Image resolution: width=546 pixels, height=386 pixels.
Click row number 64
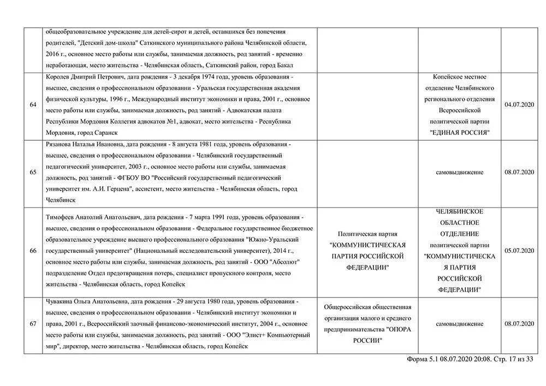click(x=33, y=105)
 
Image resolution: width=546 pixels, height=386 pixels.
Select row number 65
click(x=33, y=173)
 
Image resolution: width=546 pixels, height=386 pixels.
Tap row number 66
click(x=33, y=251)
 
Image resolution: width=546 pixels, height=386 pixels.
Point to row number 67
click(x=33, y=324)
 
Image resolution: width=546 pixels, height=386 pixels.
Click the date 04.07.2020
click(x=519, y=105)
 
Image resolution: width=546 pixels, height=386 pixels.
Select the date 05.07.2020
click(x=519, y=251)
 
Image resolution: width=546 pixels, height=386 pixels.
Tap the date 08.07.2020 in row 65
click(x=519, y=173)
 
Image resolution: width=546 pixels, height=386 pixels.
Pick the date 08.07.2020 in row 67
click(x=519, y=324)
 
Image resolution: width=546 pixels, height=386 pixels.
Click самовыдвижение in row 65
click(x=459, y=173)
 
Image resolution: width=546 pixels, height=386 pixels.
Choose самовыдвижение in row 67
click(x=459, y=324)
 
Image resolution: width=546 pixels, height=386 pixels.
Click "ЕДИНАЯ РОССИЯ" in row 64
click(x=459, y=133)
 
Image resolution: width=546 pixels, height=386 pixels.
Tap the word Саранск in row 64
click(x=102, y=133)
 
